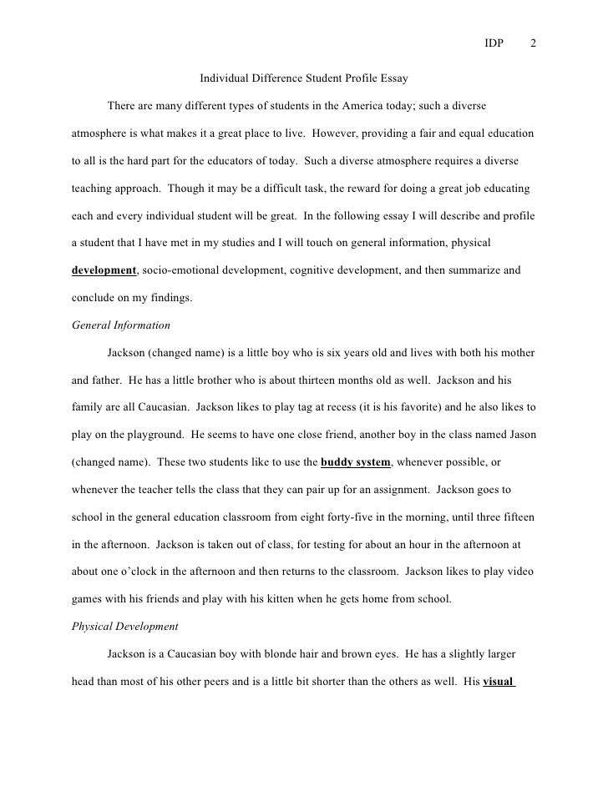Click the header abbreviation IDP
pos(494,44)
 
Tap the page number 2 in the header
pos(534,44)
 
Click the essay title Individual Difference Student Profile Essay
pos(303,80)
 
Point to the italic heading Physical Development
pos(125,626)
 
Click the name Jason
pos(517,434)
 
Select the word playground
pos(151,434)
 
